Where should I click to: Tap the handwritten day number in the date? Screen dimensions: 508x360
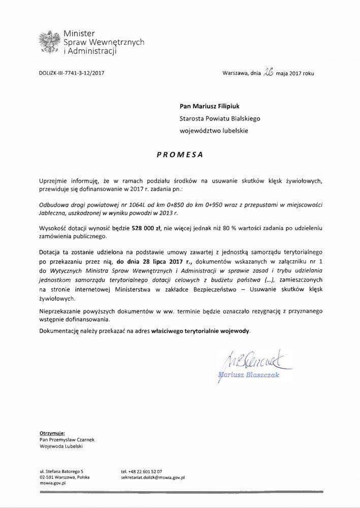click(x=269, y=73)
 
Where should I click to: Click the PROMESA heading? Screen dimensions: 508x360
click(x=179, y=155)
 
